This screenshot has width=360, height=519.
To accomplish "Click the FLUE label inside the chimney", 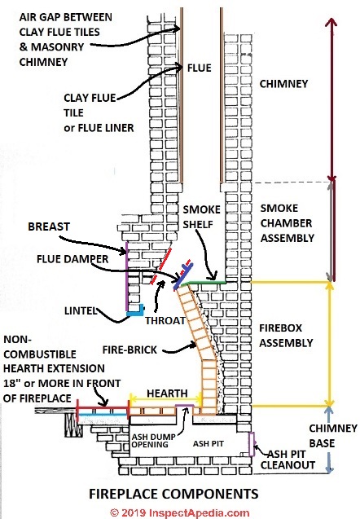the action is [x=200, y=68].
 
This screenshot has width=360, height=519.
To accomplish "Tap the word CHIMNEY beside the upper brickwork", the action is [x=283, y=84].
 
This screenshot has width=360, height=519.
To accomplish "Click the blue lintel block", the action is [x=135, y=310].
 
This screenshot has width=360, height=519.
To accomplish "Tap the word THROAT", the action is [x=165, y=320].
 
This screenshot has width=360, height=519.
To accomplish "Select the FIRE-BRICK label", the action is [x=130, y=350].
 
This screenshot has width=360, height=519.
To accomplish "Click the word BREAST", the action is [x=49, y=227].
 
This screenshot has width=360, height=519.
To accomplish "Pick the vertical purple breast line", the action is [x=127, y=276].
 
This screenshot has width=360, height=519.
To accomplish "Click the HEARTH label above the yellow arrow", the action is [x=167, y=394].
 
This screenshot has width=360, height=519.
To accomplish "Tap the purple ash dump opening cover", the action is [x=185, y=406].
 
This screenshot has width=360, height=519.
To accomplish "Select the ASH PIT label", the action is [x=209, y=443].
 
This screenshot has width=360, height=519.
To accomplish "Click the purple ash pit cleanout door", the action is [x=252, y=444].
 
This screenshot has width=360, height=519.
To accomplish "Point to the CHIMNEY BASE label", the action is [x=333, y=436].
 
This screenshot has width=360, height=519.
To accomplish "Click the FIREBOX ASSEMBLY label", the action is [x=286, y=336].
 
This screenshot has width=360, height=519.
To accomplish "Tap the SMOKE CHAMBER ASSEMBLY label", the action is [x=288, y=223].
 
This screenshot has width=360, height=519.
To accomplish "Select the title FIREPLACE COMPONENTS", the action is [x=173, y=494].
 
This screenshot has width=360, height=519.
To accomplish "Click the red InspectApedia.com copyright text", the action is [x=180, y=512].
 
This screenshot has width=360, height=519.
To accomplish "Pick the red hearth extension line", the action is [x=103, y=409].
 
